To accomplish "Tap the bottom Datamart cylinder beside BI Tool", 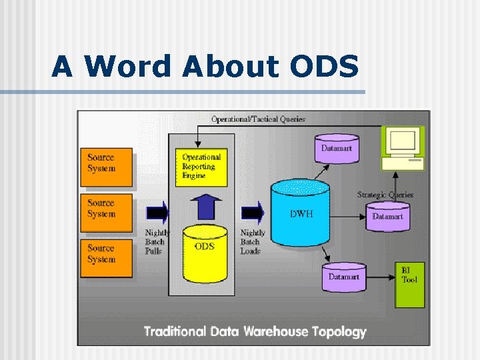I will click(x=343, y=277).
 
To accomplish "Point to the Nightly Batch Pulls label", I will click(x=156, y=242).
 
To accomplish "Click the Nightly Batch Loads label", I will click(x=252, y=242).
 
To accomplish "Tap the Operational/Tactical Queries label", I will click(x=258, y=119).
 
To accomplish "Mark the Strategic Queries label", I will click(x=385, y=195).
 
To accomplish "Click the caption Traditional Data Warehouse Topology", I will click(x=255, y=331).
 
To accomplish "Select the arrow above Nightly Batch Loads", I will click(x=253, y=213).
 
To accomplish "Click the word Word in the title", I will click(x=126, y=67).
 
